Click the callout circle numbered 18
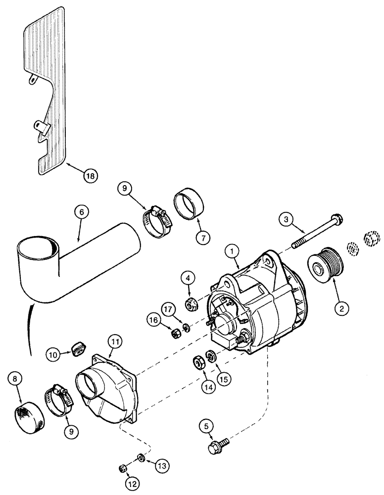[91, 175]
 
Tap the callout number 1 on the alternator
[230, 251]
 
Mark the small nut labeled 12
[123, 467]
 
